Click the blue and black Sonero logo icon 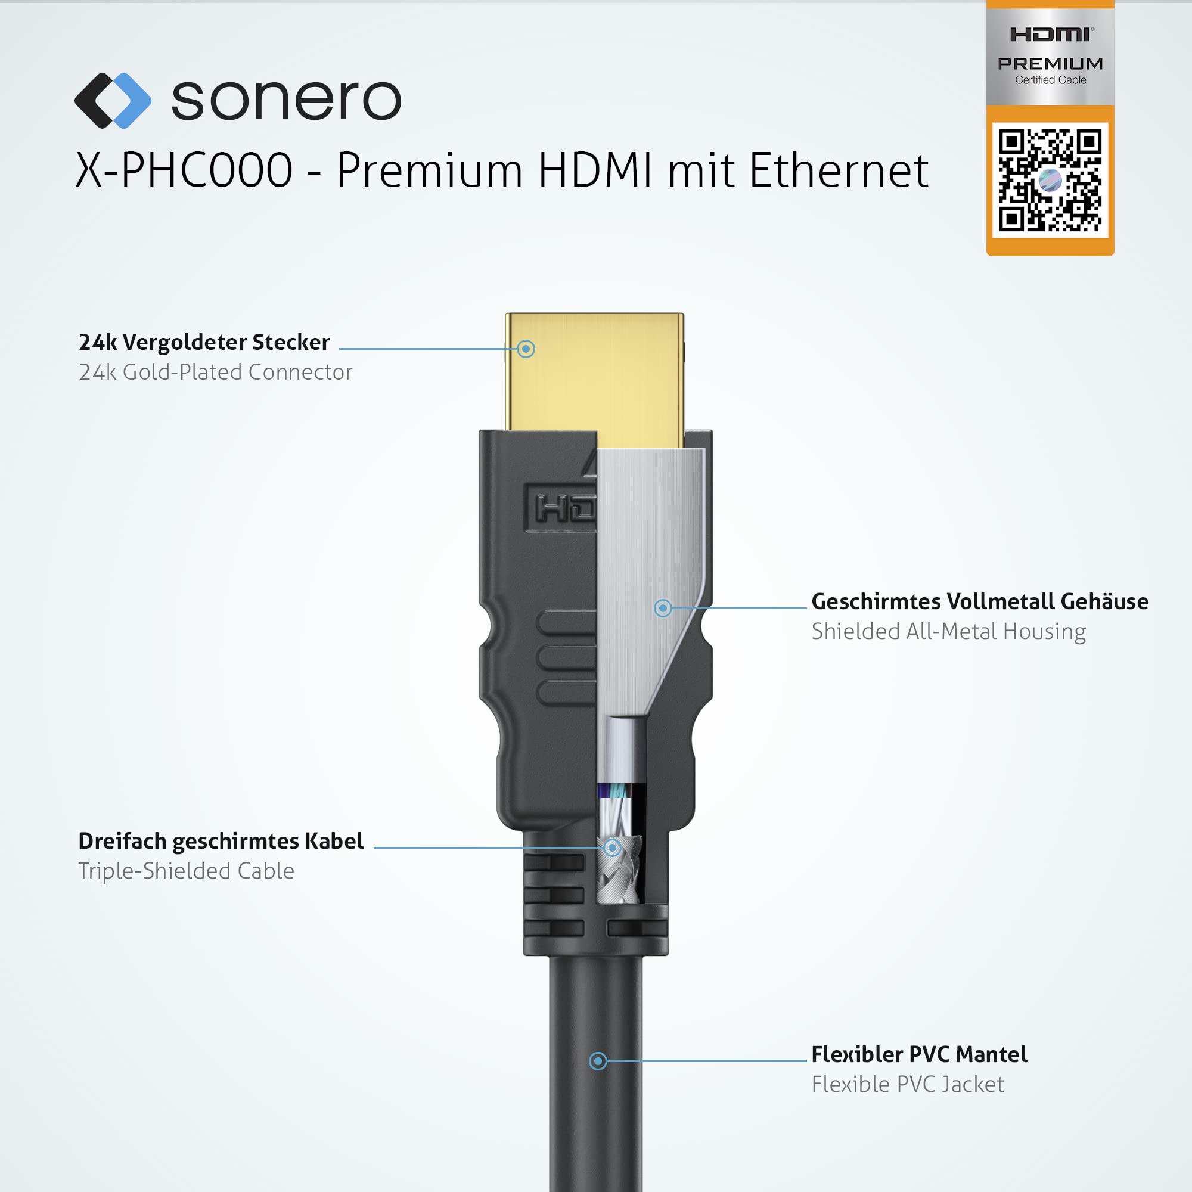tap(113, 101)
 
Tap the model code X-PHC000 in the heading tap(184, 170)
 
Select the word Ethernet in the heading tap(839, 170)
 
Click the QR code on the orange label tap(1050, 180)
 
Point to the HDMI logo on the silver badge tap(1052, 35)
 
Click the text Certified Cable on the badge tap(1051, 80)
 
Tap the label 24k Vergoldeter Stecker tap(204, 343)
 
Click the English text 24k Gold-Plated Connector tap(216, 372)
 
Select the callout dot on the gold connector tap(526, 349)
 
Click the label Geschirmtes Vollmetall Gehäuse tap(980, 601)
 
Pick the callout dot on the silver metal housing tap(663, 609)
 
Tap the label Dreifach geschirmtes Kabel tap(221, 842)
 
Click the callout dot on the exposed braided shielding tap(612, 848)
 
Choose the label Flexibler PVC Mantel tap(919, 1054)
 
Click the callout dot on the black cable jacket tap(597, 1061)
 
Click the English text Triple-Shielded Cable tap(187, 871)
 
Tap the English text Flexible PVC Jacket tap(908, 1085)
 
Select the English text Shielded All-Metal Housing tap(949, 632)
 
